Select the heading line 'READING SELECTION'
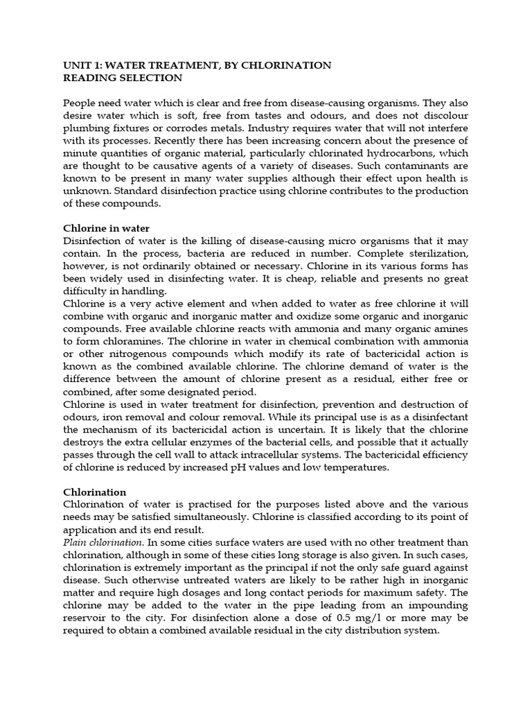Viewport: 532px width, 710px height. coord(123,78)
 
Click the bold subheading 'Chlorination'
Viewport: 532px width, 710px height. coord(94,492)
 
